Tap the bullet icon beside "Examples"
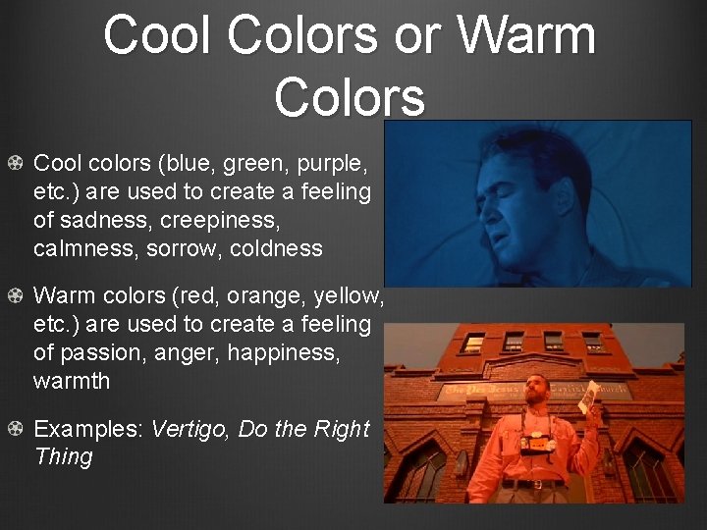pyautogui.click(x=15, y=429)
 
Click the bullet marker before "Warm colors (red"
pyautogui.click(x=15, y=295)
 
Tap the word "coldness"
pyautogui.click(x=276, y=248)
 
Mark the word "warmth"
pyautogui.click(x=72, y=380)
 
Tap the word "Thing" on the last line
pyautogui.click(x=64, y=456)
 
